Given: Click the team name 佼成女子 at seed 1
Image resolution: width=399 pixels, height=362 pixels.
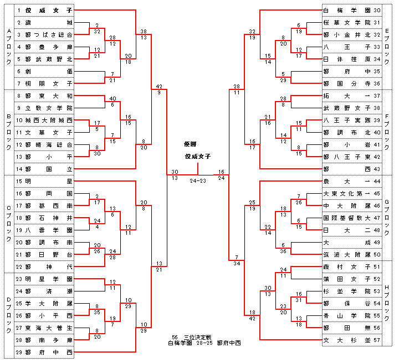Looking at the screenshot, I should click(x=49, y=11).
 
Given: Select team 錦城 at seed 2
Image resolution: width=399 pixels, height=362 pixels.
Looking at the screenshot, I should click(x=49, y=23).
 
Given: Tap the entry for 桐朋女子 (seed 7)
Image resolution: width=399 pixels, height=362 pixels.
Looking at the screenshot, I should click(x=49, y=83).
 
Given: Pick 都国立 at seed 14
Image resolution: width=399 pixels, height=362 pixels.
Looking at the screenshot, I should click(x=49, y=168).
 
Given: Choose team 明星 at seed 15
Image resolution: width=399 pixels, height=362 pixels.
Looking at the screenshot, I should click(x=49, y=181).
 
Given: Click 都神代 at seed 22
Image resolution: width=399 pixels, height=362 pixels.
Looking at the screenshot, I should click(x=49, y=267).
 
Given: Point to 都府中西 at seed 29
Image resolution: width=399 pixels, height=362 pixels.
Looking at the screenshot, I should click(x=49, y=351).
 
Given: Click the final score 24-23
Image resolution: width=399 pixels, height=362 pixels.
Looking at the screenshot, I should click(x=198, y=180).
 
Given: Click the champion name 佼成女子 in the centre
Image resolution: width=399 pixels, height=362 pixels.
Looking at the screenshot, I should click(x=198, y=156).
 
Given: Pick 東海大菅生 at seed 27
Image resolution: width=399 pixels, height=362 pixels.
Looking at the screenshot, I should click(x=49, y=327).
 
